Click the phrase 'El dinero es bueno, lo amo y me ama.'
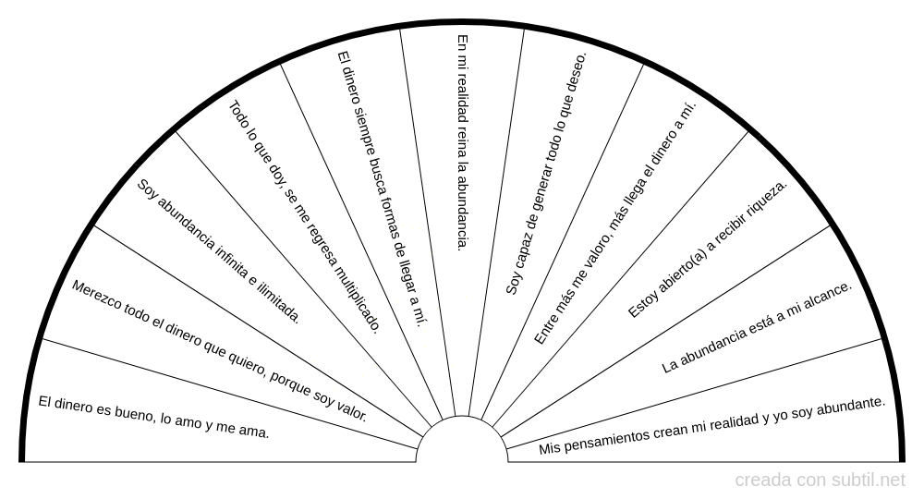point(153,418)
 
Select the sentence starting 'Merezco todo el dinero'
point(219,350)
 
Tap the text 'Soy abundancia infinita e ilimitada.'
point(219,251)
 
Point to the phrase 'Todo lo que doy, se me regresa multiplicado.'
point(304,217)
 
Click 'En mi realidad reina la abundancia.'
point(463,142)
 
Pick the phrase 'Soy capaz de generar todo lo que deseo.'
point(546,174)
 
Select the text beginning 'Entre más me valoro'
point(615,223)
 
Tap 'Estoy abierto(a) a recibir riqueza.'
point(707,249)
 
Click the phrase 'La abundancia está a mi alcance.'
point(758,327)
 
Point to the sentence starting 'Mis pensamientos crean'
point(711,426)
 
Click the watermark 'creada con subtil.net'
point(820,481)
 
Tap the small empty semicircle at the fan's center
point(462,439)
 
